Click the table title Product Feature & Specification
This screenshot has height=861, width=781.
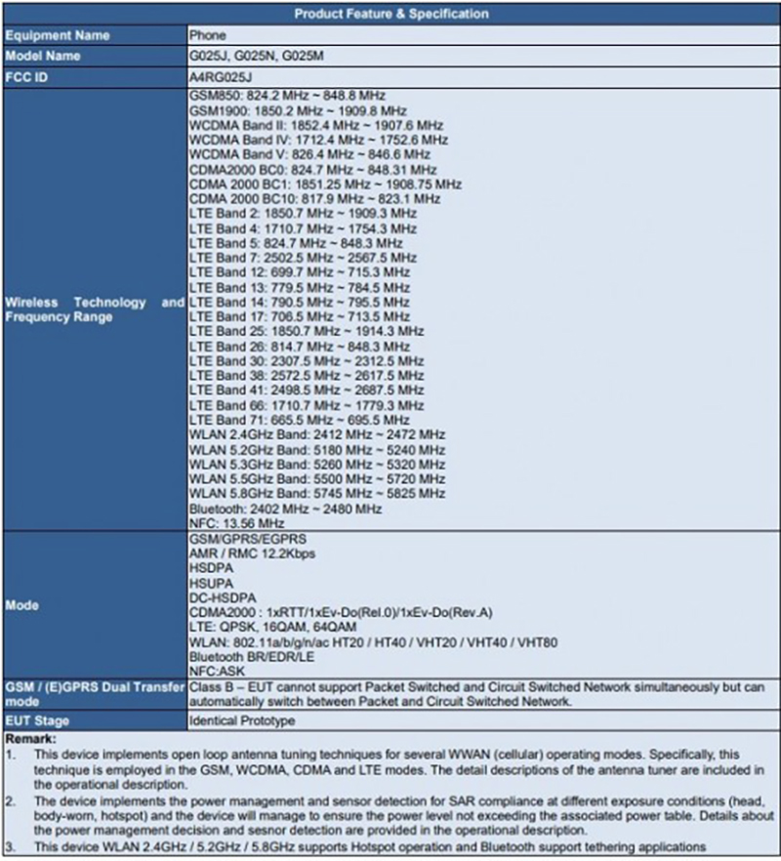coord(390,14)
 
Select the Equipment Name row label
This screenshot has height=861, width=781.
coord(58,35)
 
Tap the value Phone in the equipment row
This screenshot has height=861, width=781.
coord(207,35)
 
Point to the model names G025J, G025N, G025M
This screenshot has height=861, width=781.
coord(256,57)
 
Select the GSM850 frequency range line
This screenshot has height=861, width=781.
coord(287,96)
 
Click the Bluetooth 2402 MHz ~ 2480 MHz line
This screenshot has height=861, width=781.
coord(284,509)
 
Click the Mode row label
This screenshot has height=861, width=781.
coord(22,605)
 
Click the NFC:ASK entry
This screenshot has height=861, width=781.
coord(218,672)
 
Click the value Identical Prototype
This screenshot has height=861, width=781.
coord(242,720)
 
